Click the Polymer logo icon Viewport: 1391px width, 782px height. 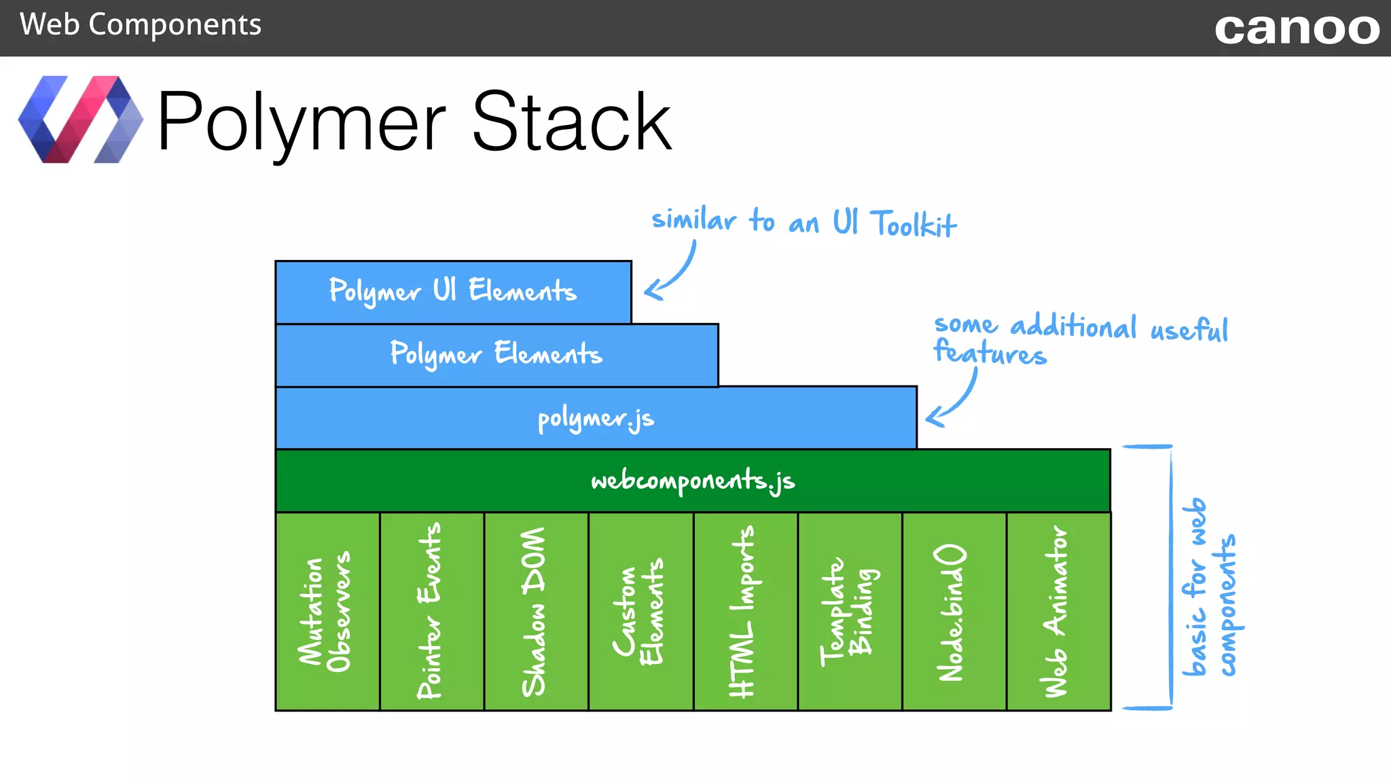tap(80, 119)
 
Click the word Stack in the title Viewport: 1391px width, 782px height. tap(571, 122)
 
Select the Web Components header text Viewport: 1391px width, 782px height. tap(140, 25)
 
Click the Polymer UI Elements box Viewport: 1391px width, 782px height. tap(453, 292)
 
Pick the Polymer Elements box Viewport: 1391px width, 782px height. tap(496, 355)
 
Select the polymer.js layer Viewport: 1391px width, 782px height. tap(596, 418)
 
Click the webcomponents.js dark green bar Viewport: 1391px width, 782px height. tap(692, 481)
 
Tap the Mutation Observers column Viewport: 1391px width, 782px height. tap(327, 611)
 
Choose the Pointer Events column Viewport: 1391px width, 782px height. tap(431, 611)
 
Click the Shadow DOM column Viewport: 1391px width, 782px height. tap(535, 611)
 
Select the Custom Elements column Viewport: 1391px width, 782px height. tap(640, 611)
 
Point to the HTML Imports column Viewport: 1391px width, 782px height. tap(744, 611)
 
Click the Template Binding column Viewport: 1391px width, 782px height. tap(849, 611)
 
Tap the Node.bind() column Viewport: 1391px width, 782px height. tap(954, 611)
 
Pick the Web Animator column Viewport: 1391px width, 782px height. tap(1058, 611)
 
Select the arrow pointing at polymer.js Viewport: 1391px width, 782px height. tap(954, 401)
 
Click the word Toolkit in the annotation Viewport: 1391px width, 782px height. tap(914, 224)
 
